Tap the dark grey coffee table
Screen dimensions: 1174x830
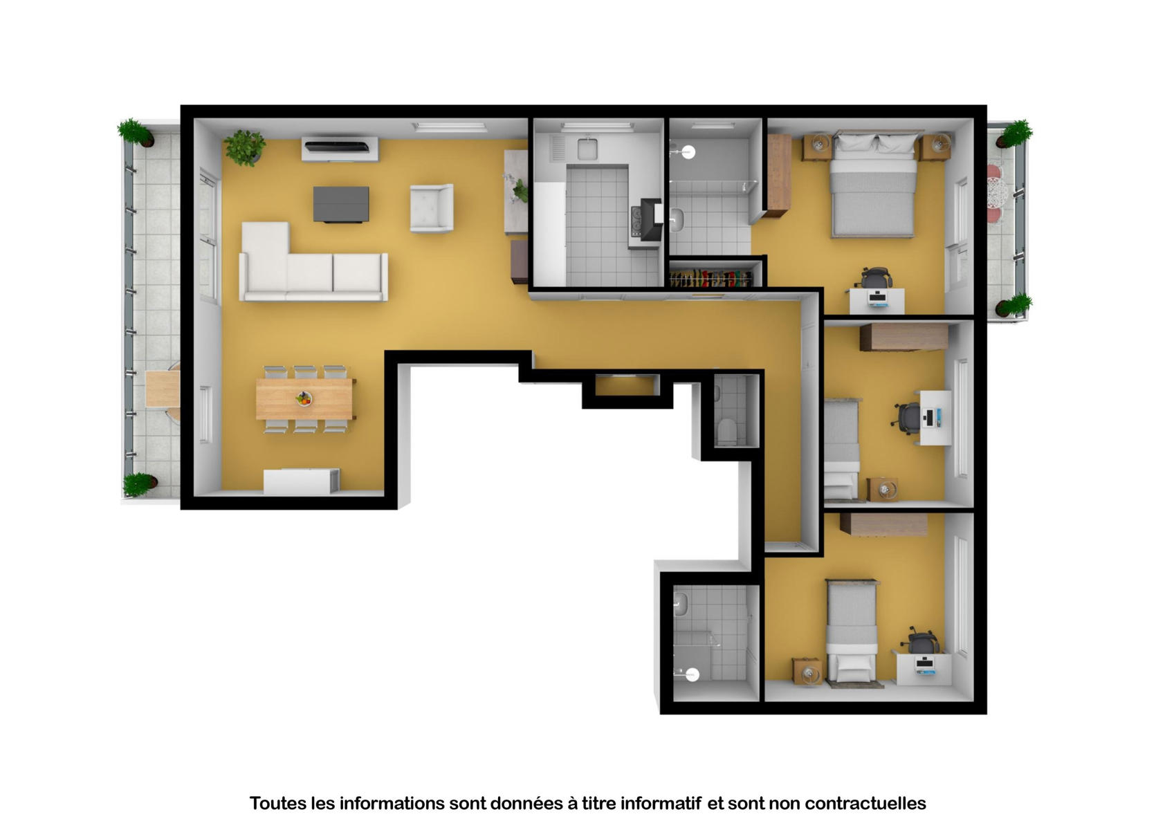coord(340,204)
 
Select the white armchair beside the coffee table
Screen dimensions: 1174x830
coord(431,207)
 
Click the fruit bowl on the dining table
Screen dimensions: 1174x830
coord(304,399)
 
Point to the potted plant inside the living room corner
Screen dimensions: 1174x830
coord(244,148)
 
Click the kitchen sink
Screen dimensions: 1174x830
coord(587,148)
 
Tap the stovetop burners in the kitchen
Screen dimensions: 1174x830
coord(636,221)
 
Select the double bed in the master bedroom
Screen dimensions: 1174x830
coord(872,183)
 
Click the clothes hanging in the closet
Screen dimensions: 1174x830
coord(710,278)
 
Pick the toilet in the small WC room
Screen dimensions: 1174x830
coord(726,431)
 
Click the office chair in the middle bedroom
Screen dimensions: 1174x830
coord(906,418)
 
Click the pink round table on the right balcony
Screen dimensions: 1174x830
coord(995,193)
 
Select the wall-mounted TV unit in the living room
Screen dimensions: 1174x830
coord(340,149)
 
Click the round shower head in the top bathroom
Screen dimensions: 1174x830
coord(688,152)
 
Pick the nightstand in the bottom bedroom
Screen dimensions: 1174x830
coord(807,672)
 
